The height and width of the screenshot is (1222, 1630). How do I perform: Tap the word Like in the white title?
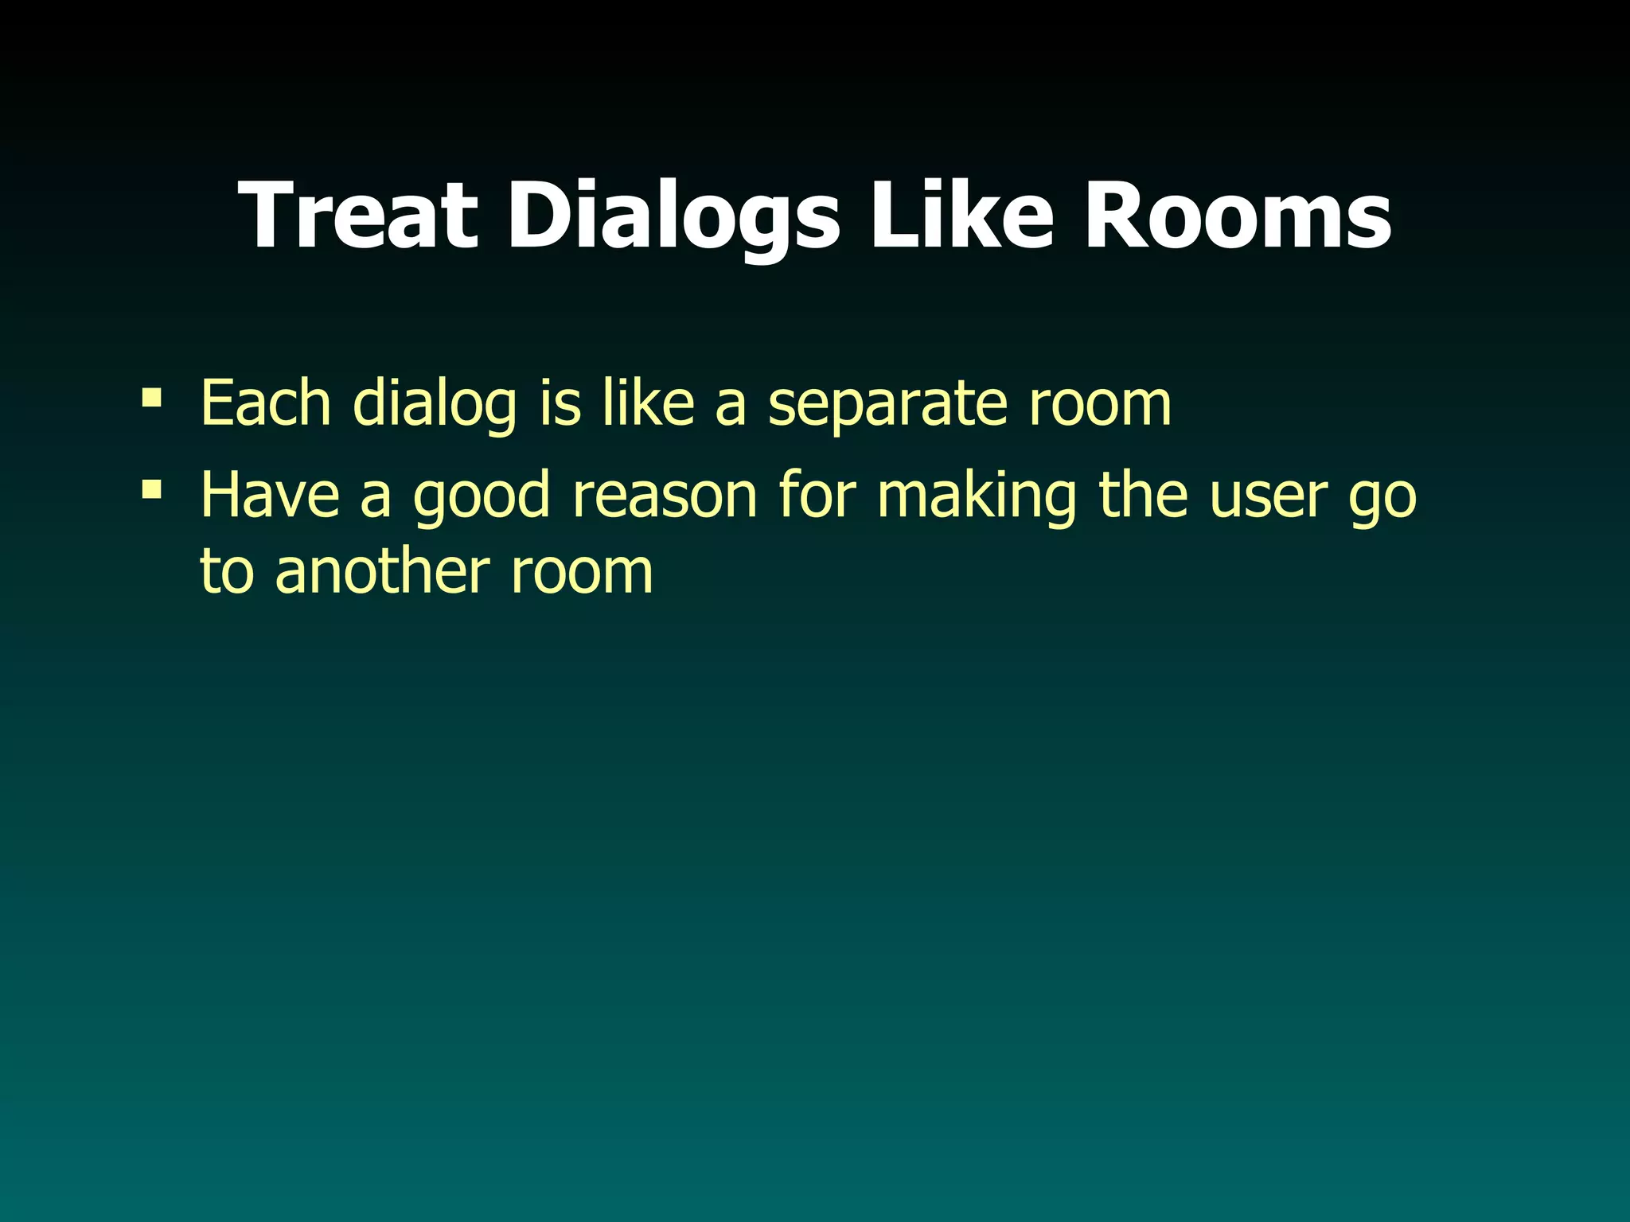pos(963,216)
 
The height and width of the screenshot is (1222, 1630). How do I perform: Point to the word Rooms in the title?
pos(1238,216)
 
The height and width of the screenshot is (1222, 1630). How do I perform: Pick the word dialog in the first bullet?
pos(435,404)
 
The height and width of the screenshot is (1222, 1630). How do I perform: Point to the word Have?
pos(270,495)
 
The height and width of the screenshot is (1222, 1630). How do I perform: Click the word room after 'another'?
pos(582,572)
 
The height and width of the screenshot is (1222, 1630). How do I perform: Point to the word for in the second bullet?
pos(817,495)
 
